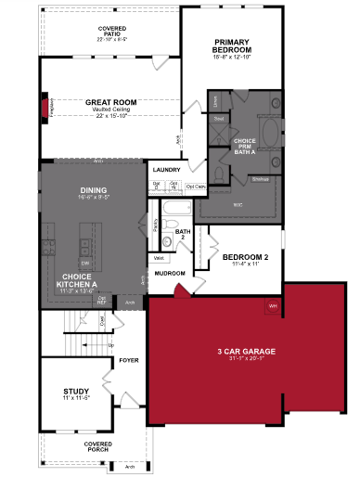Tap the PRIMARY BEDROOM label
coord(233,46)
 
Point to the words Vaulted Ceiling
coord(112,110)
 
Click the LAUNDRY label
coord(166,170)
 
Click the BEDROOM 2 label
coord(247,257)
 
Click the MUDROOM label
coord(171,274)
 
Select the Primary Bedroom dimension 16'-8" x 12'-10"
coord(233,58)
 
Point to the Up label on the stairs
coord(111,344)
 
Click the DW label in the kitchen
coord(84,264)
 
